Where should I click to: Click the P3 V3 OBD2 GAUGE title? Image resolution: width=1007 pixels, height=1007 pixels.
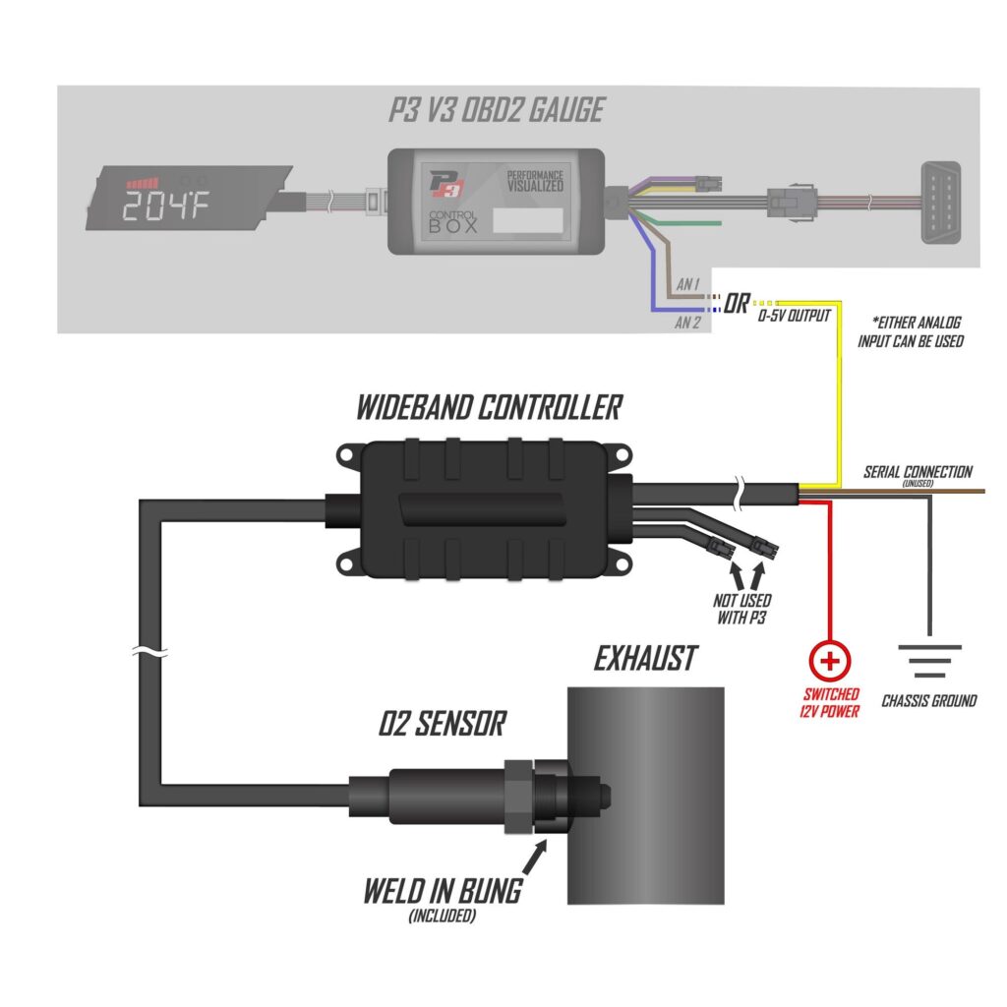pyautogui.click(x=497, y=110)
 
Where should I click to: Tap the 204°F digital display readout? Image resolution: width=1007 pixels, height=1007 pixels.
pyautogui.click(x=165, y=206)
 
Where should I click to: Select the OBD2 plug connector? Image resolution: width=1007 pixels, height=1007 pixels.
pyautogui.click(x=941, y=203)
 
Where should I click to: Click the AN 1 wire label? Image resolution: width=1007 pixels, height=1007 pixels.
pyautogui.click(x=687, y=284)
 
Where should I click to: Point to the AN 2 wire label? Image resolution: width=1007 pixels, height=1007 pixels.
pyautogui.click(x=687, y=323)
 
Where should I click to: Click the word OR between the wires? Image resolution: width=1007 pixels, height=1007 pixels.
pyautogui.click(x=736, y=303)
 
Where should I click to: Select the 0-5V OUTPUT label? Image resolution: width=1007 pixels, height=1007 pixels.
pyautogui.click(x=795, y=316)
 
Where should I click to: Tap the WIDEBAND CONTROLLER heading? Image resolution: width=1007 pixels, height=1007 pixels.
pyautogui.click(x=490, y=408)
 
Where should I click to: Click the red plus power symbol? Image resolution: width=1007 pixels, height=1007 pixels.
pyautogui.click(x=830, y=661)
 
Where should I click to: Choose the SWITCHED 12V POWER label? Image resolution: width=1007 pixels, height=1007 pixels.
pyautogui.click(x=830, y=702)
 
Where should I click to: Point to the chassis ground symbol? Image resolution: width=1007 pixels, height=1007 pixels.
pyautogui.click(x=929, y=661)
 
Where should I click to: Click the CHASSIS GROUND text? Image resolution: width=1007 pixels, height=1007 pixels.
pyautogui.click(x=928, y=700)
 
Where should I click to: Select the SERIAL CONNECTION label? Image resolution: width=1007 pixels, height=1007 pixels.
pyautogui.click(x=918, y=472)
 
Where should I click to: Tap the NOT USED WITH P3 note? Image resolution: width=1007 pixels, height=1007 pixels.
pyautogui.click(x=741, y=609)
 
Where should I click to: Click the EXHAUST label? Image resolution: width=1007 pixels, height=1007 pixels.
pyautogui.click(x=645, y=658)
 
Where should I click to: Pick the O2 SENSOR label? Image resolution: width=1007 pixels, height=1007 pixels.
pyautogui.click(x=442, y=723)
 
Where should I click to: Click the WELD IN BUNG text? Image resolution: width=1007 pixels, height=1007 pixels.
pyautogui.click(x=443, y=891)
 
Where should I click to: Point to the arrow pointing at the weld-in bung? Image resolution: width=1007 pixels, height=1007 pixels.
pyautogui.click(x=535, y=857)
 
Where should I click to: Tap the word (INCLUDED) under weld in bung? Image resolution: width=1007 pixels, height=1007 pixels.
pyautogui.click(x=443, y=916)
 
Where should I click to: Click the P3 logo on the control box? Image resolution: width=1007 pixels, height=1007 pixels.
pyautogui.click(x=447, y=184)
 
